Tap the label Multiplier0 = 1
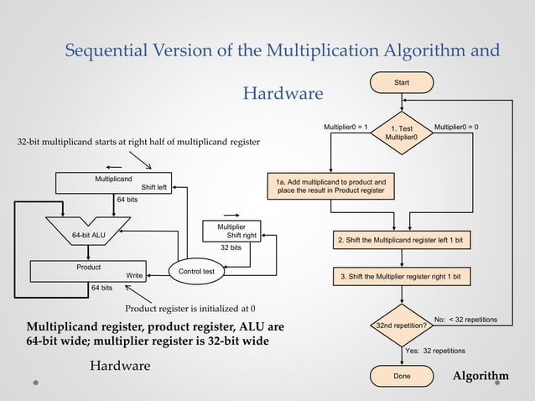345,127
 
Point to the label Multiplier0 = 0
462,127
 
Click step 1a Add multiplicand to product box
330,186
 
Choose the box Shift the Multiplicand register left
405,240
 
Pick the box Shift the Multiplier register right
405,276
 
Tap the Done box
403,376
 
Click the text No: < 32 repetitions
465,320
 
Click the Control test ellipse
195,271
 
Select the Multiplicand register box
114,183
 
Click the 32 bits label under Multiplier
231,248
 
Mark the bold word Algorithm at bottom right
480,376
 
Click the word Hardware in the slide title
283,91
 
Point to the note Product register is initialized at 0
190,307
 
